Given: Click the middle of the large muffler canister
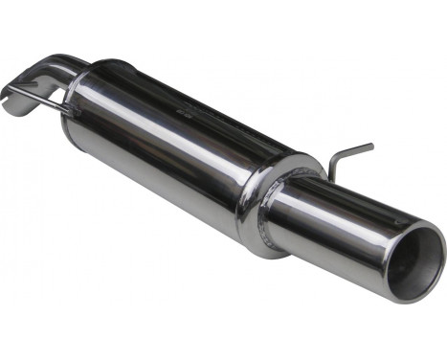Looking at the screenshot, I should (172, 144).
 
